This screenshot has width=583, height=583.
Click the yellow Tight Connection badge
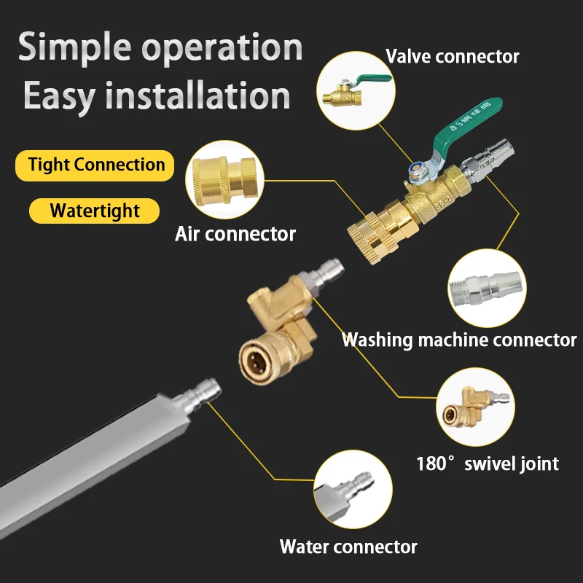(95, 165)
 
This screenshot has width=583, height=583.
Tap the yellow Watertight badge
(95, 211)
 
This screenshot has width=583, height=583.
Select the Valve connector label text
(452, 56)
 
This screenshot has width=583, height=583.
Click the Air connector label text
(235, 234)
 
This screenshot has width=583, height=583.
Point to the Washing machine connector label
(459, 340)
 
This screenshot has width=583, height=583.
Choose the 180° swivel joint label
(487, 463)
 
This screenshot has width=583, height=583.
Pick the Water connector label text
(348, 547)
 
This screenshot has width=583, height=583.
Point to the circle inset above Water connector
(353, 488)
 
